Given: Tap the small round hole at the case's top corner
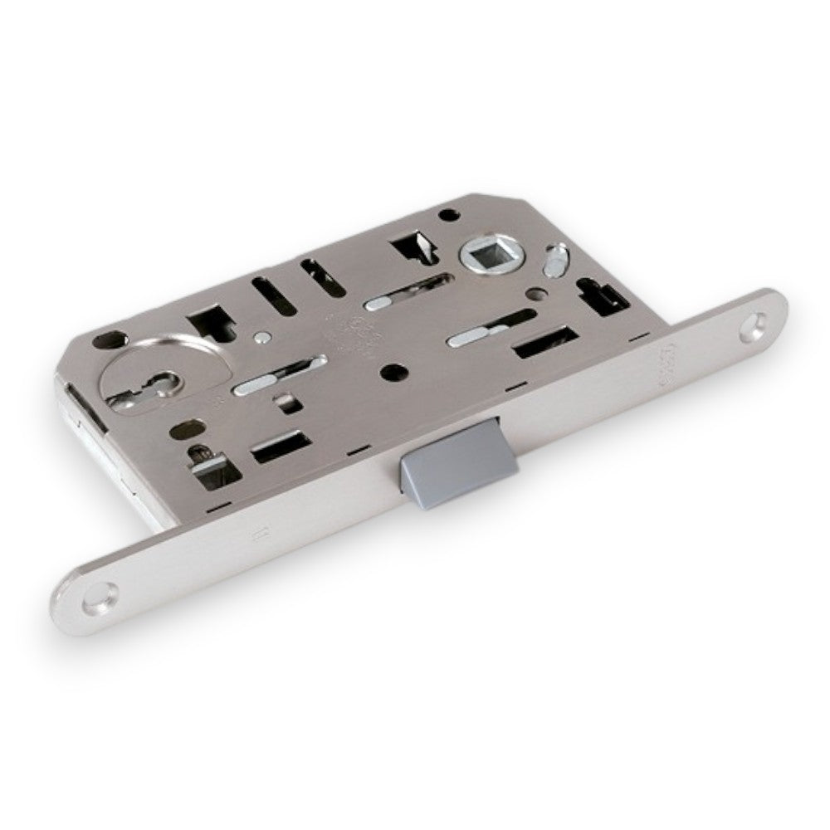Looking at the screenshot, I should pyautogui.click(x=450, y=215).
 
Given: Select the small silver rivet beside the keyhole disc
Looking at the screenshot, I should pyautogui.click(x=262, y=337).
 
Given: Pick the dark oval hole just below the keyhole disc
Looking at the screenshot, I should pyautogui.click(x=183, y=432).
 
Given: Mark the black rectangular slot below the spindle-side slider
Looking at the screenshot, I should pyautogui.click(x=544, y=341).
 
